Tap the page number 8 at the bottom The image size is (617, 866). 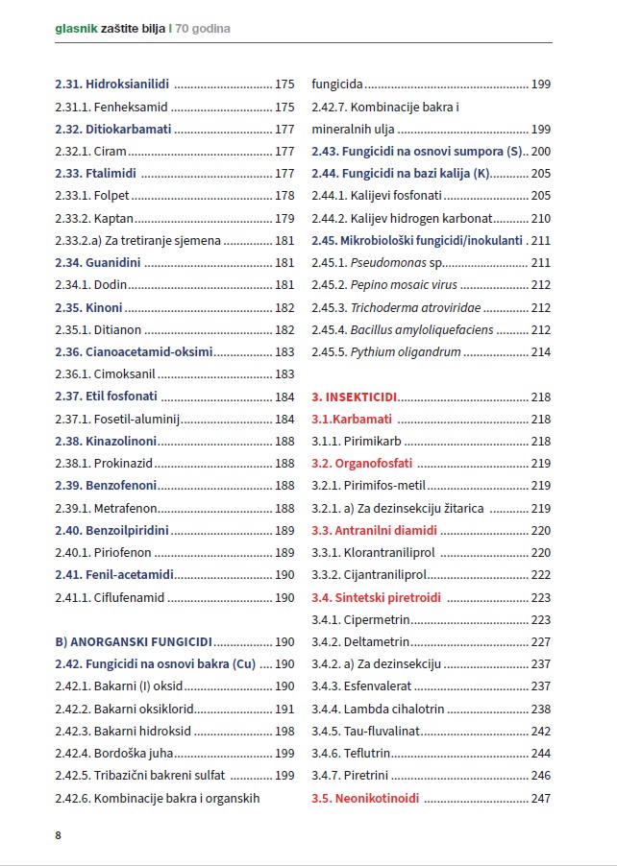coord(59,835)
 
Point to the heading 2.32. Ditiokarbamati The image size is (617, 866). coord(112,129)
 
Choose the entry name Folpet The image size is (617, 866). coord(113,195)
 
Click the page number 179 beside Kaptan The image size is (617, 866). coord(284,218)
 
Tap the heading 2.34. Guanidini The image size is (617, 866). coord(97,262)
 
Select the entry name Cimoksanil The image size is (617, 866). coord(125,374)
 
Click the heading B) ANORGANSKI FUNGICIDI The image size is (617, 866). coord(134,642)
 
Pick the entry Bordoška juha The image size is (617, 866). coord(134,754)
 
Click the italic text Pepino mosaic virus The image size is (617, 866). coord(404,284)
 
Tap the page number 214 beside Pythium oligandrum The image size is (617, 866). coord(541,352)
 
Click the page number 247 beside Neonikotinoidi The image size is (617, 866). coord(541,799)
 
